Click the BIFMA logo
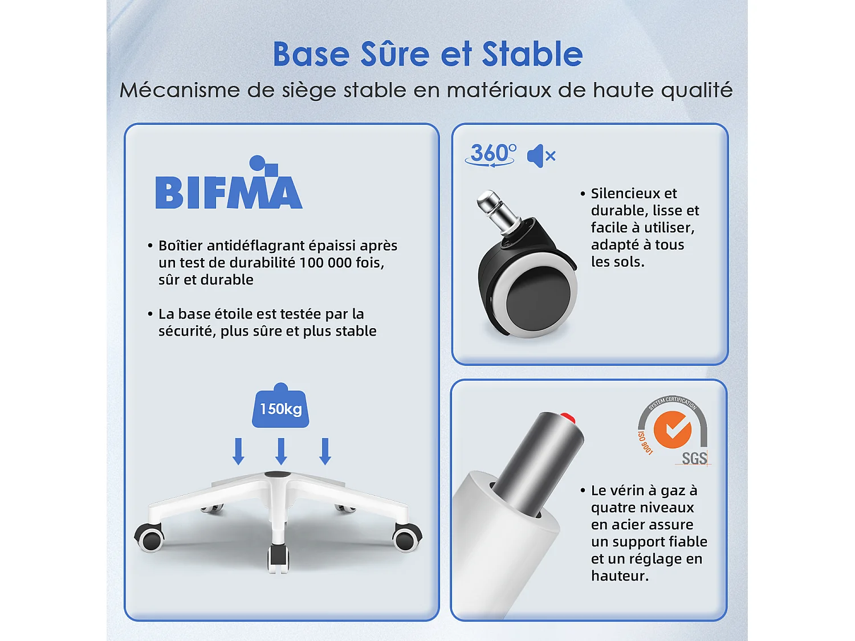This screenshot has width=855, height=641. coord(229,182)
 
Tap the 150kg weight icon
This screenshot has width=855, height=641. coord(280,406)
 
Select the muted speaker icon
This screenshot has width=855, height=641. coord(541,156)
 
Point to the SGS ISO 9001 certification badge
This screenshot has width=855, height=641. coord(673,431)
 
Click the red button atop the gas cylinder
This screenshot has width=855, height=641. coord(568,418)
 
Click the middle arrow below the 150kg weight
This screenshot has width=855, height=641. coord(281,451)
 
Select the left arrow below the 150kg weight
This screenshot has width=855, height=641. coord(238,451)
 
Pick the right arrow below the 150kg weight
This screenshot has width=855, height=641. coord(325,451)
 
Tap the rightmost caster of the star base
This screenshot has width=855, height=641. coord(407,537)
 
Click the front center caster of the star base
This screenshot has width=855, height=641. coord(279,558)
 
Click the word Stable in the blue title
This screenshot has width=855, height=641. coord(532,54)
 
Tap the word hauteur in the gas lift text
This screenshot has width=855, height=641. coord(620,575)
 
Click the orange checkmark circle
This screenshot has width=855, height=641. coord(672,430)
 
